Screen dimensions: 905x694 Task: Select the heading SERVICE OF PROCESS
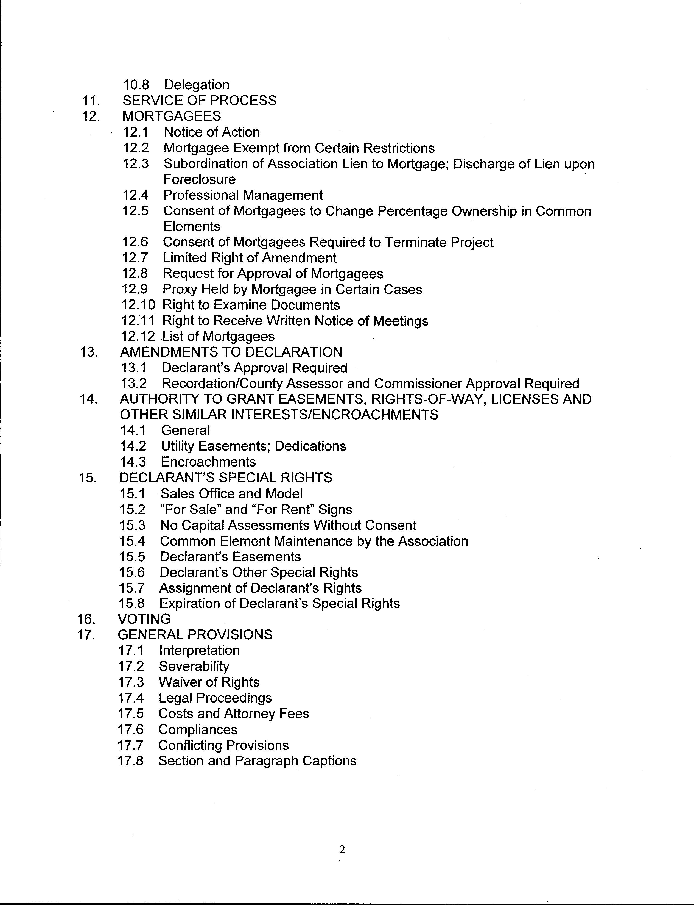(200, 101)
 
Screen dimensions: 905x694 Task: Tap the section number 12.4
(136, 195)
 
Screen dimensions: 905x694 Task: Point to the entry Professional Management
(243, 195)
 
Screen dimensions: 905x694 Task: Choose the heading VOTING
(144, 619)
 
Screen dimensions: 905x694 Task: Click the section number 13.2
(134, 384)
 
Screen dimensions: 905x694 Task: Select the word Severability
(194, 667)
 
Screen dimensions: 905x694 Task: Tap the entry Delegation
(197, 85)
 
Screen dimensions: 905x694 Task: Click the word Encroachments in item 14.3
(208, 462)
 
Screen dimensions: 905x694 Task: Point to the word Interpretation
(199, 651)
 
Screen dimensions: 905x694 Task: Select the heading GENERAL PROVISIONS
(195, 635)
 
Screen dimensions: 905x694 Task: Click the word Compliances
(198, 730)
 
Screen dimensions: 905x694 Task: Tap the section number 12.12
(138, 337)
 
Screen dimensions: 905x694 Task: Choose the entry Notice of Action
(211, 132)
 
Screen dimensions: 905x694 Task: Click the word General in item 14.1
(186, 430)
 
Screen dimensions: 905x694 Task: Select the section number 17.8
(131, 761)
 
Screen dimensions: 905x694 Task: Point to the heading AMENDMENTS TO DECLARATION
(231, 352)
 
